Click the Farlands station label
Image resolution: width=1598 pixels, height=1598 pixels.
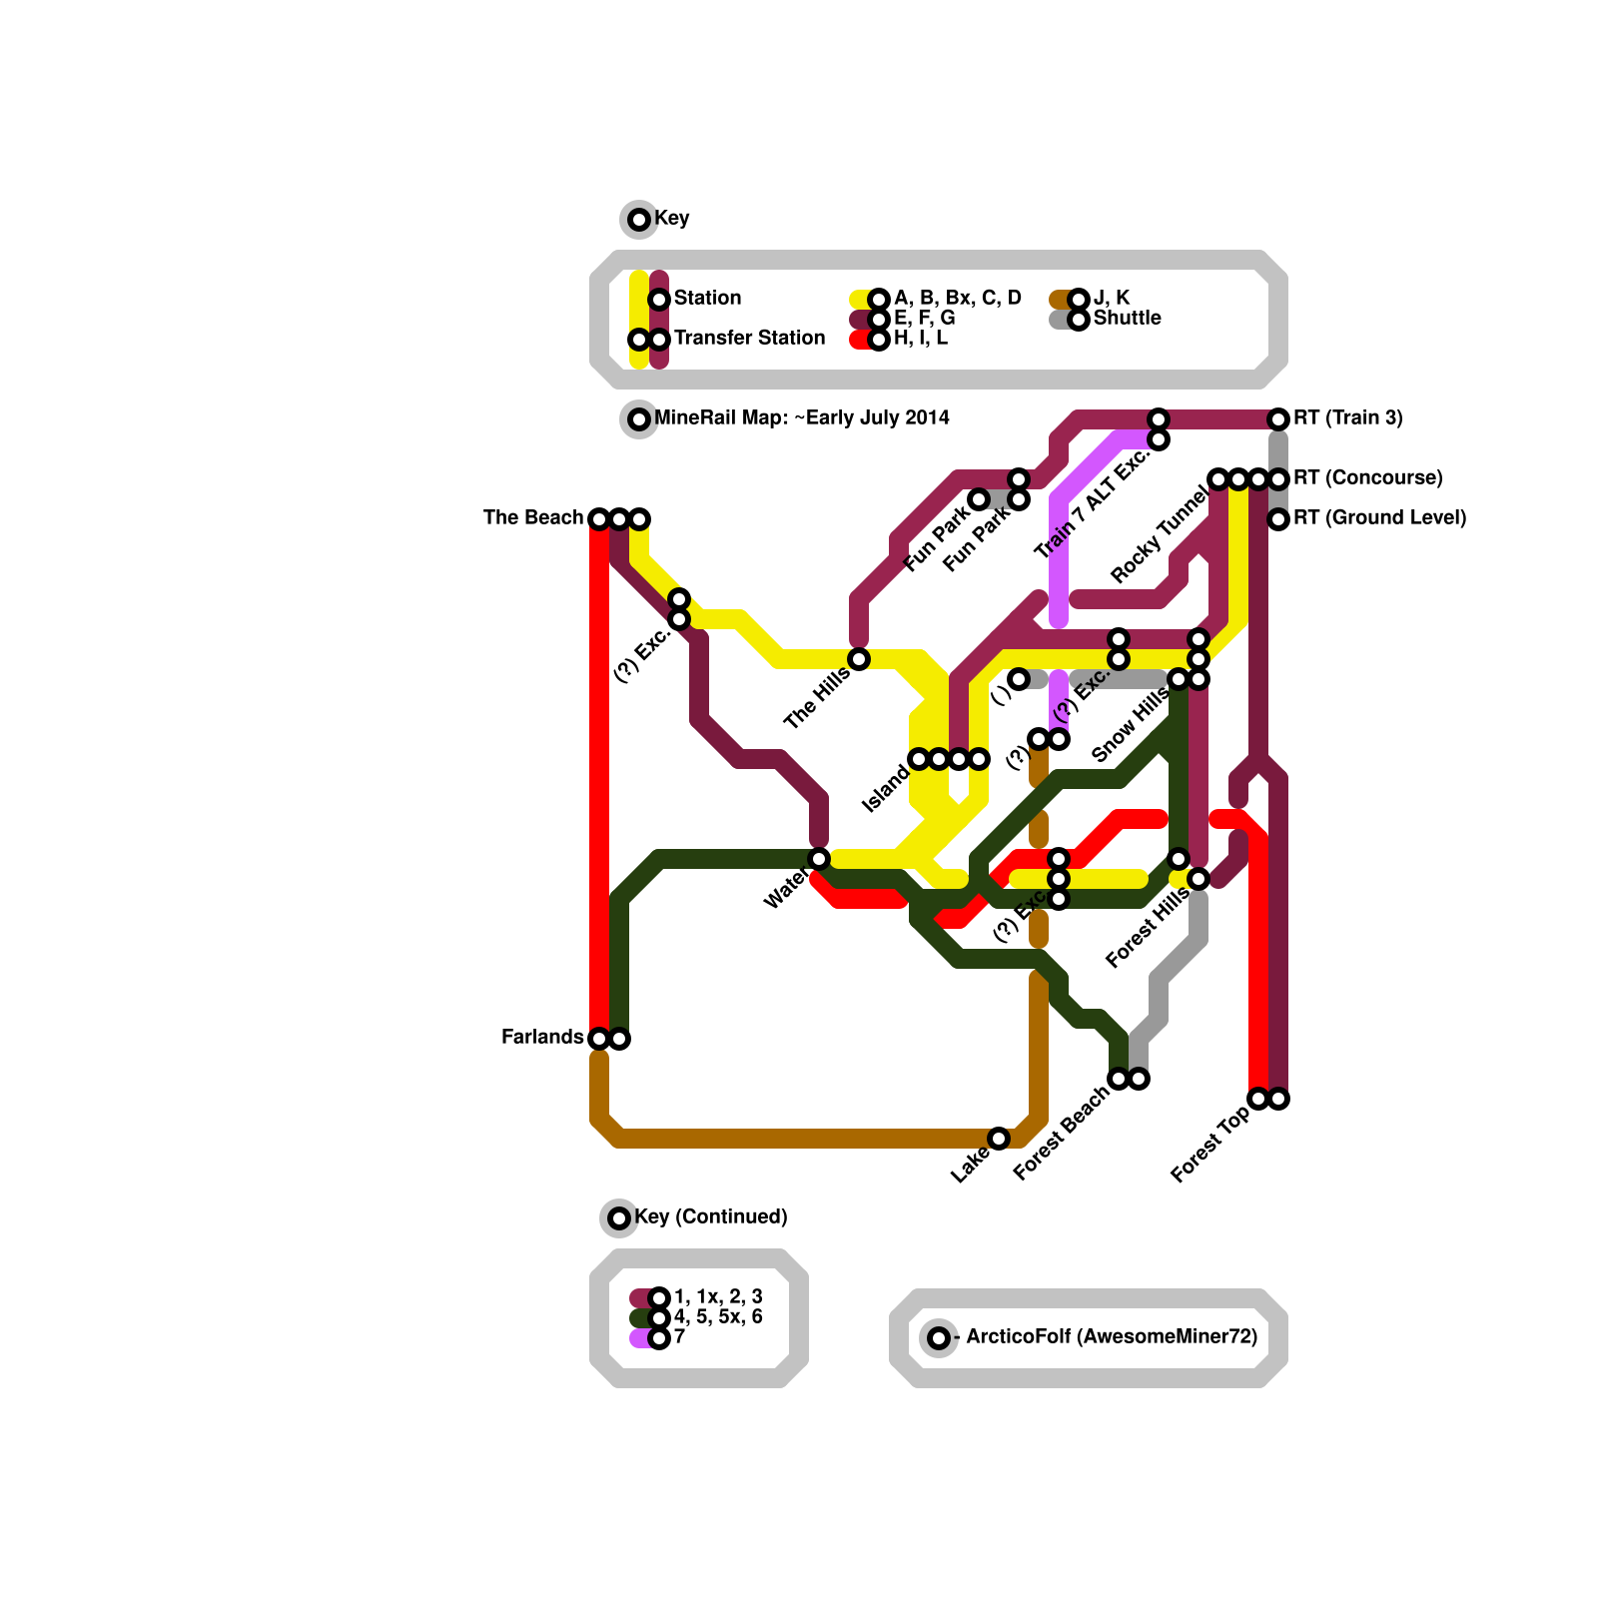pyautogui.click(x=541, y=1038)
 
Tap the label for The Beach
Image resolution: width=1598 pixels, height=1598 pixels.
pyautogui.click(x=532, y=518)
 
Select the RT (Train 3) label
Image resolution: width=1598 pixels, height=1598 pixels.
pyautogui.click(x=1347, y=418)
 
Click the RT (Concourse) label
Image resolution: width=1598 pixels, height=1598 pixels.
pyautogui.click(x=1367, y=478)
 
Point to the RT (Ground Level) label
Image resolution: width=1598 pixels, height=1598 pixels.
pyautogui.click(x=1379, y=518)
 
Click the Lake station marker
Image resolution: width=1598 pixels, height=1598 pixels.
pyautogui.click(x=999, y=1139)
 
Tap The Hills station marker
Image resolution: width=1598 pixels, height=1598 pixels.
pyautogui.click(x=859, y=659)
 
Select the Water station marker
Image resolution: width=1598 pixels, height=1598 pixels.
pyautogui.click(x=819, y=859)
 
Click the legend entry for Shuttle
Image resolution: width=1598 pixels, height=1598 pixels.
pyautogui.click(x=1127, y=319)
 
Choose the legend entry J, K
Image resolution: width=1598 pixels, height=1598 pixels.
pyautogui.click(x=1111, y=299)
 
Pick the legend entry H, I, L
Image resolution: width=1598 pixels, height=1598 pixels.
pyautogui.click(x=920, y=339)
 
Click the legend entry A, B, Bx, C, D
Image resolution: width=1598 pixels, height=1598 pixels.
pyautogui.click(x=957, y=299)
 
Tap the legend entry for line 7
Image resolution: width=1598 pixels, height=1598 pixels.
pyautogui.click(x=679, y=1337)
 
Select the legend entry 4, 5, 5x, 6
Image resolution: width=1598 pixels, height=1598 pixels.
pyautogui.click(x=717, y=1317)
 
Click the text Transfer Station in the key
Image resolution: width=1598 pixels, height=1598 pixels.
pyautogui.click(x=749, y=339)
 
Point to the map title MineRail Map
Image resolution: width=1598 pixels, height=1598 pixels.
pyautogui.click(x=801, y=418)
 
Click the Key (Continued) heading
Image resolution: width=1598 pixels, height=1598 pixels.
pyautogui.click(x=710, y=1217)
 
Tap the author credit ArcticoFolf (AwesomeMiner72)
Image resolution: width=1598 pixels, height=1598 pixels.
pyautogui.click(x=1111, y=1337)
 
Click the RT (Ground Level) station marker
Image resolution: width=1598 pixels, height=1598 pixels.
pyautogui.click(x=1278, y=519)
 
